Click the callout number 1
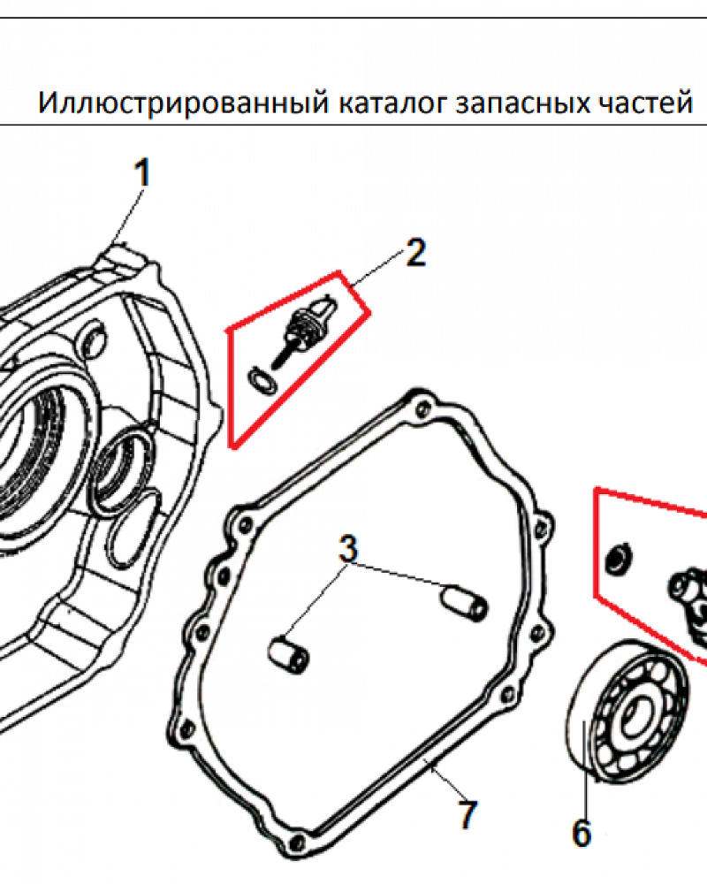[x=142, y=172]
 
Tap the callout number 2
[x=415, y=253]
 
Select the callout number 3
[x=348, y=548]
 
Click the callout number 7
[x=468, y=815]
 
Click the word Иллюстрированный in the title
[x=184, y=103]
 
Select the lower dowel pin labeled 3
[x=288, y=654]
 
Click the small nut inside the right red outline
[x=618, y=558]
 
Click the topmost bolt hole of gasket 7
[x=420, y=409]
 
